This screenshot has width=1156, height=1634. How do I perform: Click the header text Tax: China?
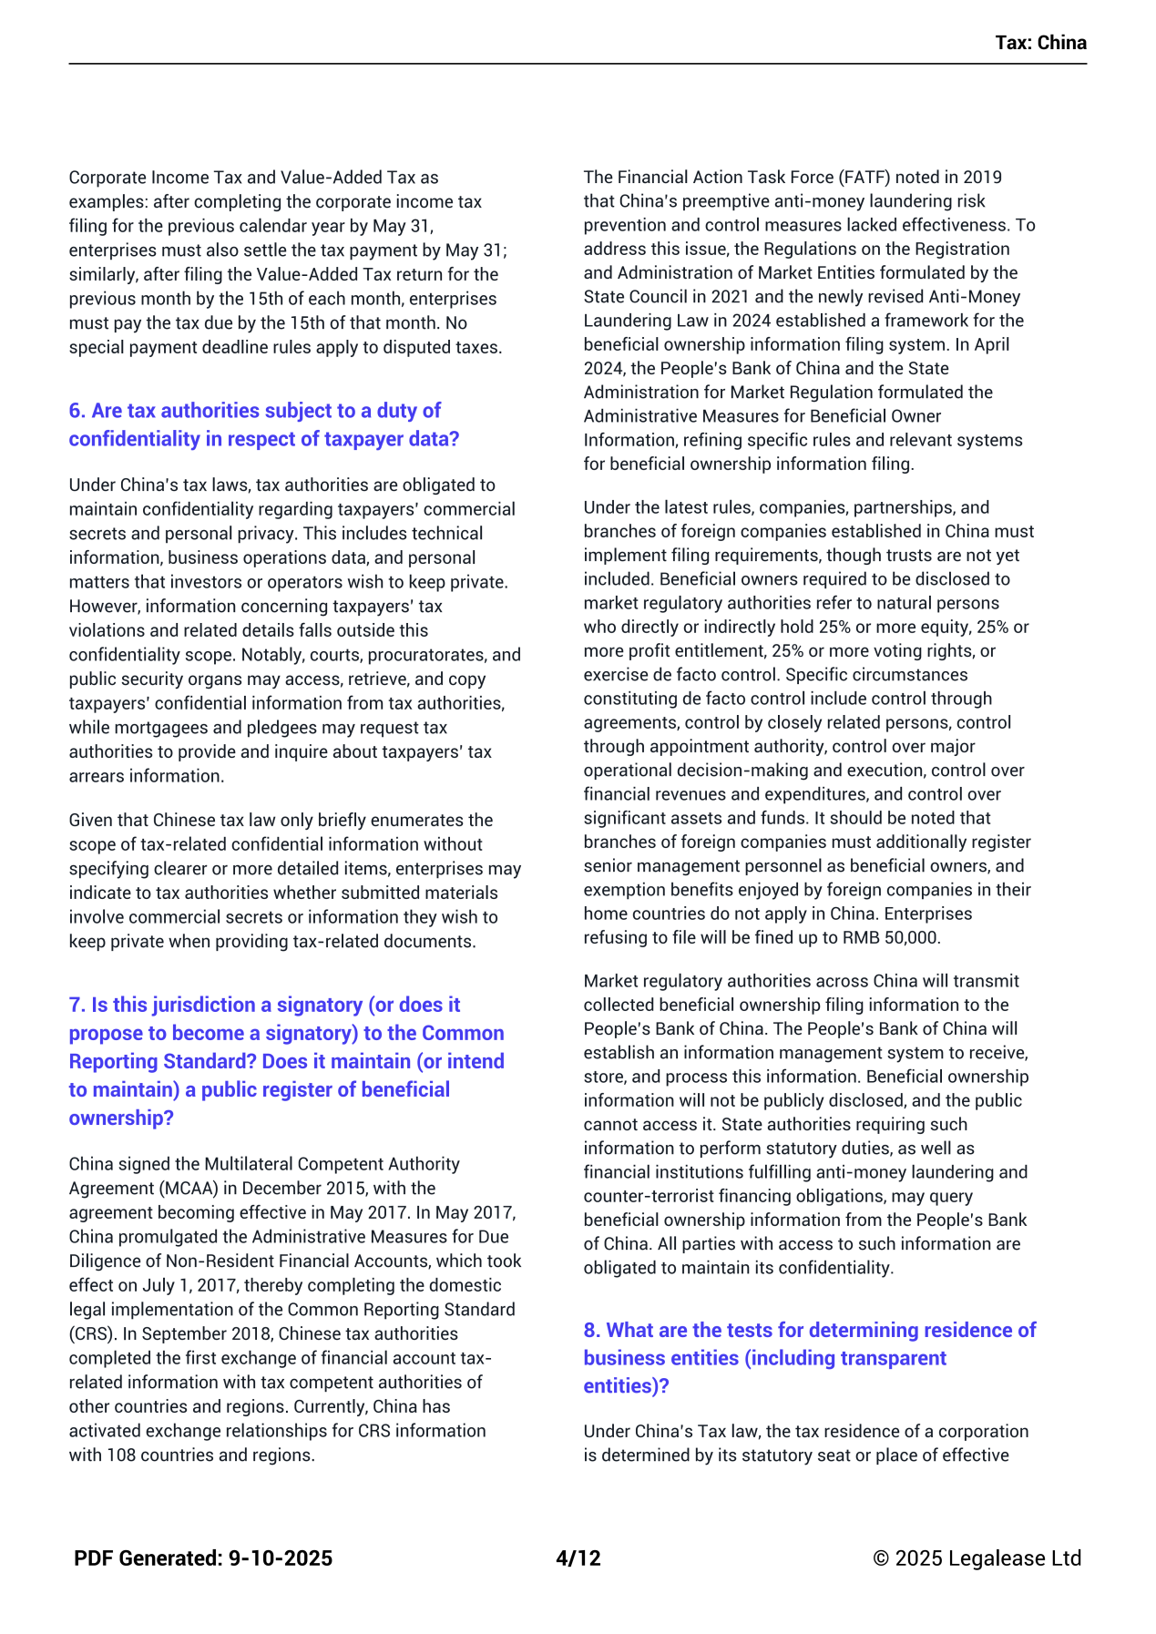pyautogui.click(x=1040, y=43)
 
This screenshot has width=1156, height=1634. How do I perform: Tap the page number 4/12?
pyautogui.click(x=578, y=1558)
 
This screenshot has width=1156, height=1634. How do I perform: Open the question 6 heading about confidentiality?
pyautogui.click(x=263, y=424)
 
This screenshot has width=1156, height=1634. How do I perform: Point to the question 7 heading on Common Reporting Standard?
pyautogui.click(x=286, y=1061)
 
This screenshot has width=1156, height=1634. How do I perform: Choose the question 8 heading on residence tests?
pyautogui.click(x=809, y=1357)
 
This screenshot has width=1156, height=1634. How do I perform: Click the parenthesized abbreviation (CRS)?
pyautogui.click(x=91, y=1333)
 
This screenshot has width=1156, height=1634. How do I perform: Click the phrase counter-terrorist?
pyautogui.click(x=642, y=1196)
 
